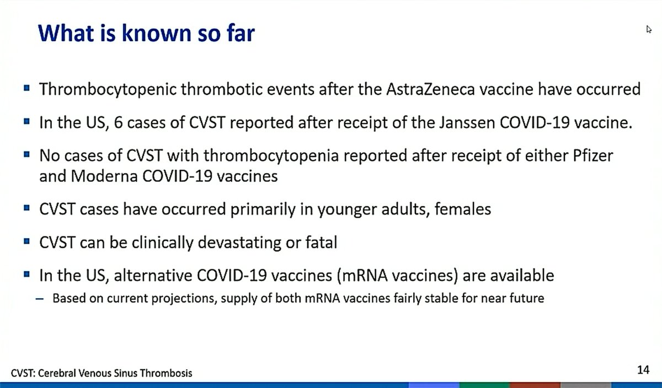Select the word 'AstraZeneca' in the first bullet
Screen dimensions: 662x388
coord(431,89)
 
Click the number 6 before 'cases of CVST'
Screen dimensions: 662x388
coord(118,122)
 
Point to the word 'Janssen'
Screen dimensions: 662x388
coord(467,122)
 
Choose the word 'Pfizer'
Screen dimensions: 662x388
coord(593,155)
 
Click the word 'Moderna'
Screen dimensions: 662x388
coord(104,176)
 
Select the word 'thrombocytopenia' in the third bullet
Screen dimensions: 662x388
coord(271,157)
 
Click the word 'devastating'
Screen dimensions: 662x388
coord(239,243)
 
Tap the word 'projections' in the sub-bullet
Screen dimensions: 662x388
coord(184,299)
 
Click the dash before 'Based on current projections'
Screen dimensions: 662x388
coord(40,299)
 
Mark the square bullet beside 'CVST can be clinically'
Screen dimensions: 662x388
coord(26,241)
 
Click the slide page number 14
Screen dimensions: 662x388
coord(643,370)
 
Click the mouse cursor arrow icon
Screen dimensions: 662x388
coord(648,30)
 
